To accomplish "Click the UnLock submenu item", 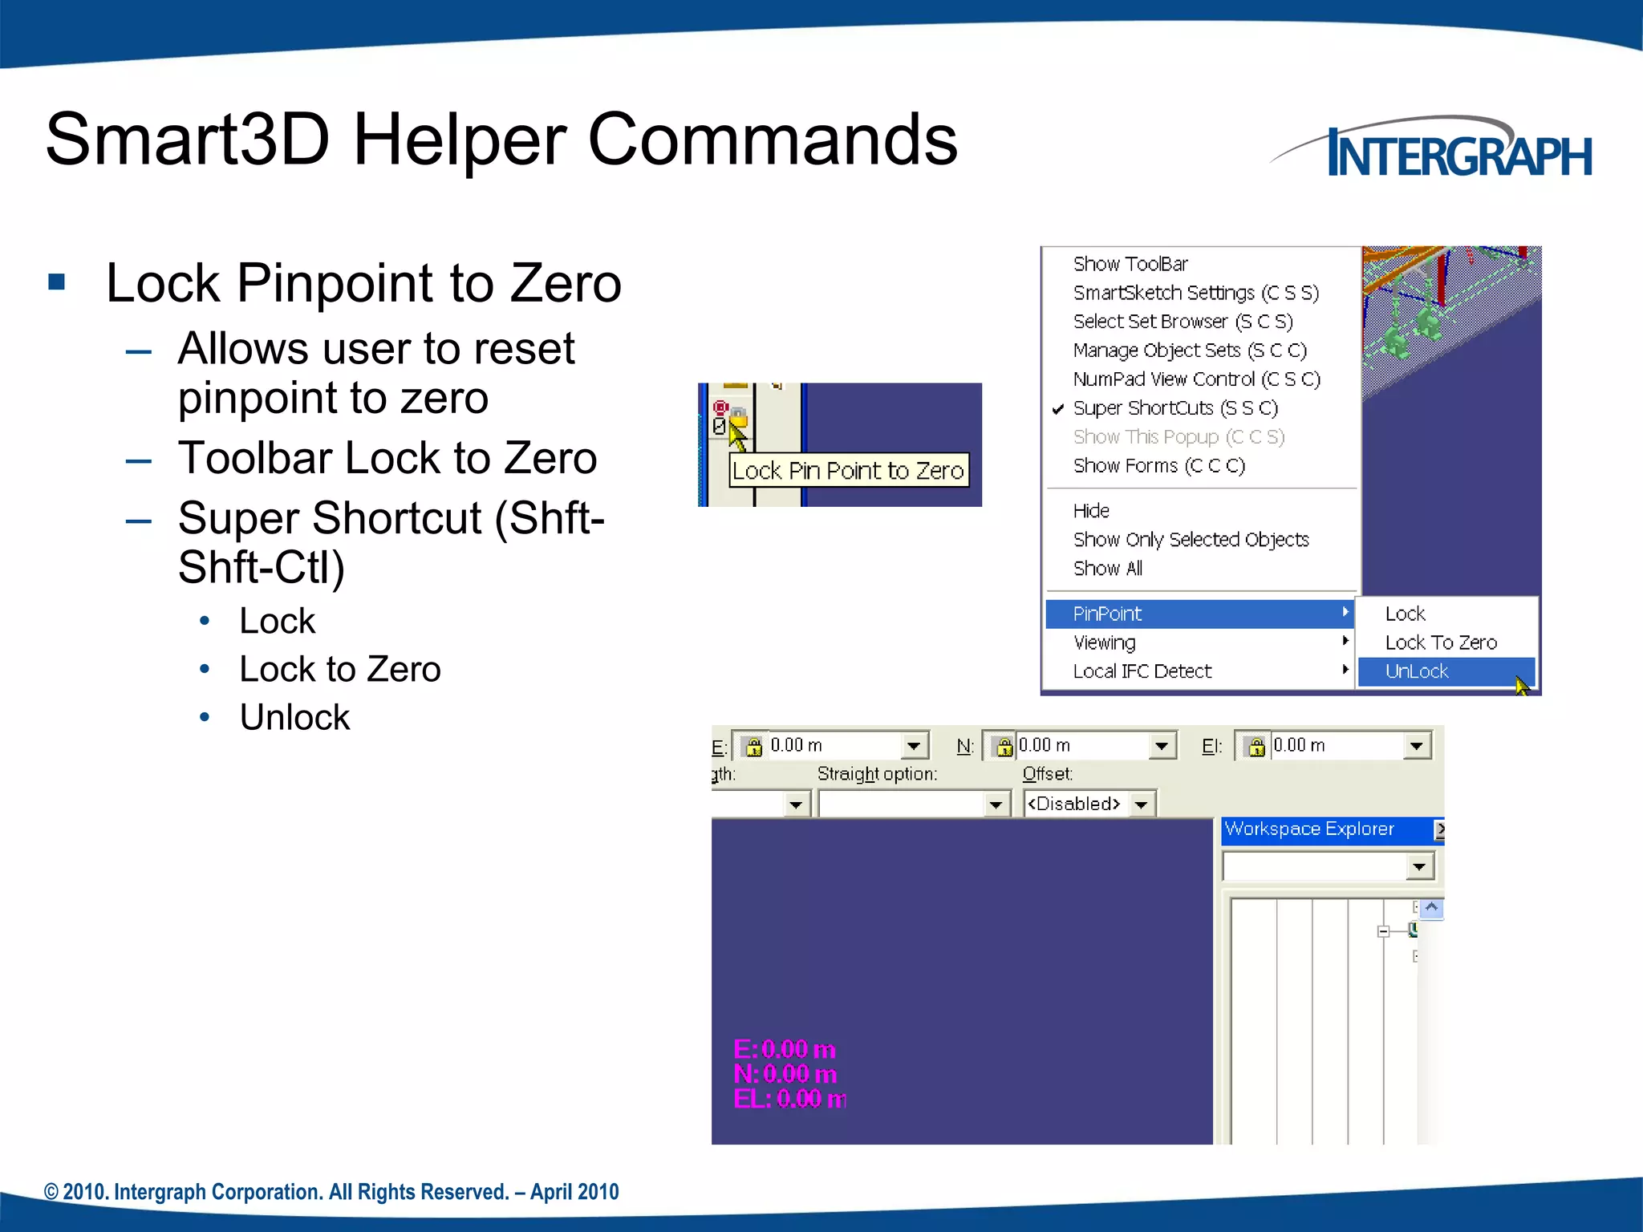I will pos(1417,671).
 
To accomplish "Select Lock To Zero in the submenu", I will pos(1441,642).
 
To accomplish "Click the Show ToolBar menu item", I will pos(1130,264).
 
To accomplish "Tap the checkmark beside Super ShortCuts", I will pos(1058,409).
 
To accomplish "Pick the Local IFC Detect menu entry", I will pos(1142,671).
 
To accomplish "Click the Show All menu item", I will pos(1108,569).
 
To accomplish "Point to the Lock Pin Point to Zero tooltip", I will pos(848,471).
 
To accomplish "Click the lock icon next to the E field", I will pos(753,747).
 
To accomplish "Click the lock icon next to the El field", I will pos(1256,747).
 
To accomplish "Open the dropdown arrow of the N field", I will pos(1161,747).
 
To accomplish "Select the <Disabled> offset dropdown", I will pos(1089,804).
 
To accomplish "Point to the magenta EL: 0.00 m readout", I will pos(789,1099).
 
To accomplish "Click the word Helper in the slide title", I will pos(459,140).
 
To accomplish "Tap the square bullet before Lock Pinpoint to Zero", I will pos(56,282).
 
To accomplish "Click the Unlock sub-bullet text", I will pos(294,717).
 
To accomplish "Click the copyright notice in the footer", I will pos(331,1192).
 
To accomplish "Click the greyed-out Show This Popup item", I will pos(1178,437).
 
